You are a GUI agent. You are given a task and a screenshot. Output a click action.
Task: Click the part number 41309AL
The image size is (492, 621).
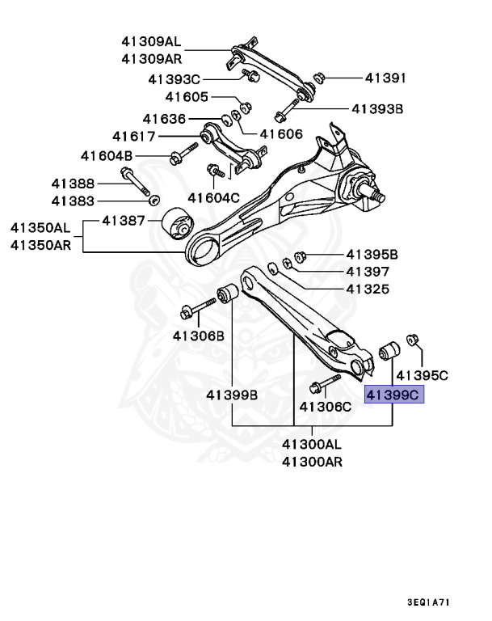click(151, 41)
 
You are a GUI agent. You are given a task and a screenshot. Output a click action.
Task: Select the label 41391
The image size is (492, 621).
click(385, 78)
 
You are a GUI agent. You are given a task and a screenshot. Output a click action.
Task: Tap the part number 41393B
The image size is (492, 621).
click(376, 108)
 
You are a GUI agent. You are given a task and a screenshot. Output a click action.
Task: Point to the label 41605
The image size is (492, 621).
click(187, 97)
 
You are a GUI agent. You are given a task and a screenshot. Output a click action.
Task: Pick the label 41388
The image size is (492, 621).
click(74, 184)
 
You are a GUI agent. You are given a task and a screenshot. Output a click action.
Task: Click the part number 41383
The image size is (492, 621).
click(74, 201)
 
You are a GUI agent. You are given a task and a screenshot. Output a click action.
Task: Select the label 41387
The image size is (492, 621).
click(124, 221)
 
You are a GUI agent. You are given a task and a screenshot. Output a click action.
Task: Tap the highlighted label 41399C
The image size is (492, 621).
click(394, 395)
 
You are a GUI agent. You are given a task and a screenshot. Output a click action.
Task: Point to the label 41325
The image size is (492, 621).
click(368, 289)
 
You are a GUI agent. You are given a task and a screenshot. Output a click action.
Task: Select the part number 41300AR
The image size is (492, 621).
click(312, 462)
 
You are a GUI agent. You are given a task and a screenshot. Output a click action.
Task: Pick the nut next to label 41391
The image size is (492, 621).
click(317, 78)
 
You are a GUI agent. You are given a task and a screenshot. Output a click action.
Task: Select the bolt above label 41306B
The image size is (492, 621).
click(200, 307)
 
